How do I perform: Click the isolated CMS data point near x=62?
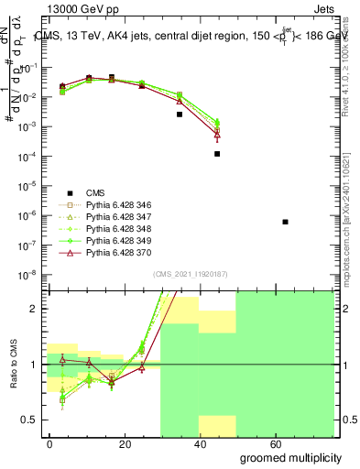pos(286,222)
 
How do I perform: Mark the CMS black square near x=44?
pos(217,154)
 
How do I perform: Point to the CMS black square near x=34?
pos(180,115)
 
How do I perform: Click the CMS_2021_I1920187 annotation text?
pos(190,274)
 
